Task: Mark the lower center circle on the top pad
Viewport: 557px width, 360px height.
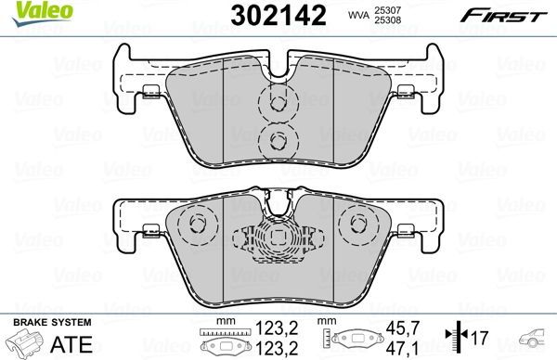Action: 276,140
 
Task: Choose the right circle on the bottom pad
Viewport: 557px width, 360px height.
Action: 357,224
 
